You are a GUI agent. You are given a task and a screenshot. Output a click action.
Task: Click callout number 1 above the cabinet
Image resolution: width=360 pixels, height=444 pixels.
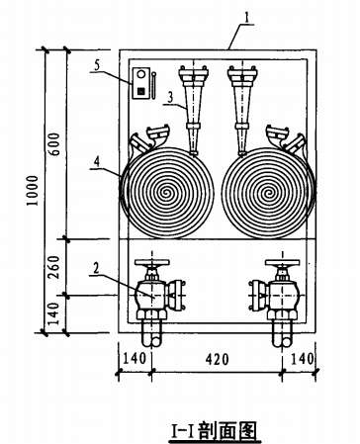click(x=247, y=18)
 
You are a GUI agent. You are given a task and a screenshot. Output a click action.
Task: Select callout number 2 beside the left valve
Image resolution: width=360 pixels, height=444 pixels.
click(x=96, y=268)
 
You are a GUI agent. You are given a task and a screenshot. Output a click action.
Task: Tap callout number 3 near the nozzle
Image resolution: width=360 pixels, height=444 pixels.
click(x=170, y=98)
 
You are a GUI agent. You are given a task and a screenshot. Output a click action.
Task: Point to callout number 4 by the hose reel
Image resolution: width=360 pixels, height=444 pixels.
click(x=97, y=162)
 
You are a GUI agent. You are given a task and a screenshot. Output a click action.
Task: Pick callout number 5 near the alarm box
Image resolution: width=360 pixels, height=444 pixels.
click(x=96, y=64)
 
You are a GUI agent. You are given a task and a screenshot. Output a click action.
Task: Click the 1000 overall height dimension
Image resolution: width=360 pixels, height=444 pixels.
click(x=33, y=191)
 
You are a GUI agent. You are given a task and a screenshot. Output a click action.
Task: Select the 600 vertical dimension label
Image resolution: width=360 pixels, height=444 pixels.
click(x=54, y=144)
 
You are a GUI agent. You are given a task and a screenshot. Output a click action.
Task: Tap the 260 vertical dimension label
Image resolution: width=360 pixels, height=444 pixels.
click(x=54, y=267)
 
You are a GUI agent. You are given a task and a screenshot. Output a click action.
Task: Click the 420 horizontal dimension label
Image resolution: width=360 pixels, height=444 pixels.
click(x=217, y=360)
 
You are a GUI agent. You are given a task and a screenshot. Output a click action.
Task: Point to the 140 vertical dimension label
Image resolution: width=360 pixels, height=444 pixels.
click(x=54, y=313)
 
